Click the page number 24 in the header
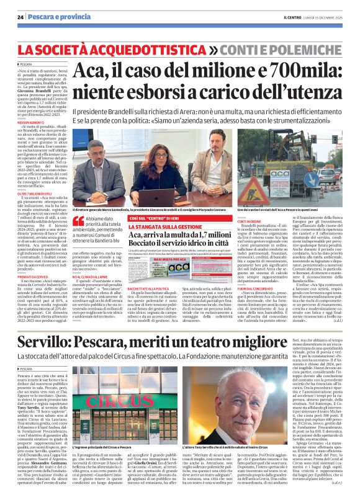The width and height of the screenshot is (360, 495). (20, 17)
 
